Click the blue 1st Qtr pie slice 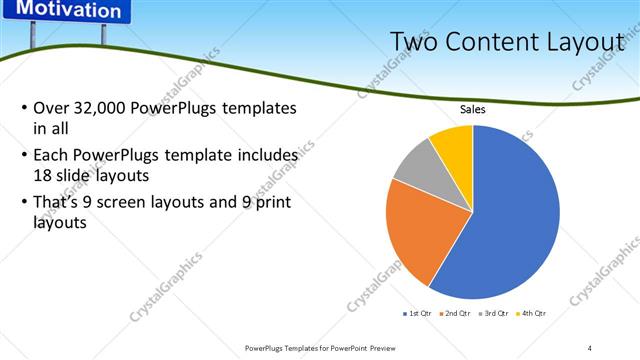click(510, 220)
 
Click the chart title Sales click(473, 110)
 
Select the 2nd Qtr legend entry click(457, 313)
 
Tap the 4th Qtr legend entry click(533, 313)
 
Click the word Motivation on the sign click(69, 11)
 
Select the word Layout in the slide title click(580, 41)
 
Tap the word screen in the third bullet click(119, 204)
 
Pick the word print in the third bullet click(269, 204)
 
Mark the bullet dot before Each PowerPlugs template click(24, 156)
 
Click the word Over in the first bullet click(50, 108)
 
